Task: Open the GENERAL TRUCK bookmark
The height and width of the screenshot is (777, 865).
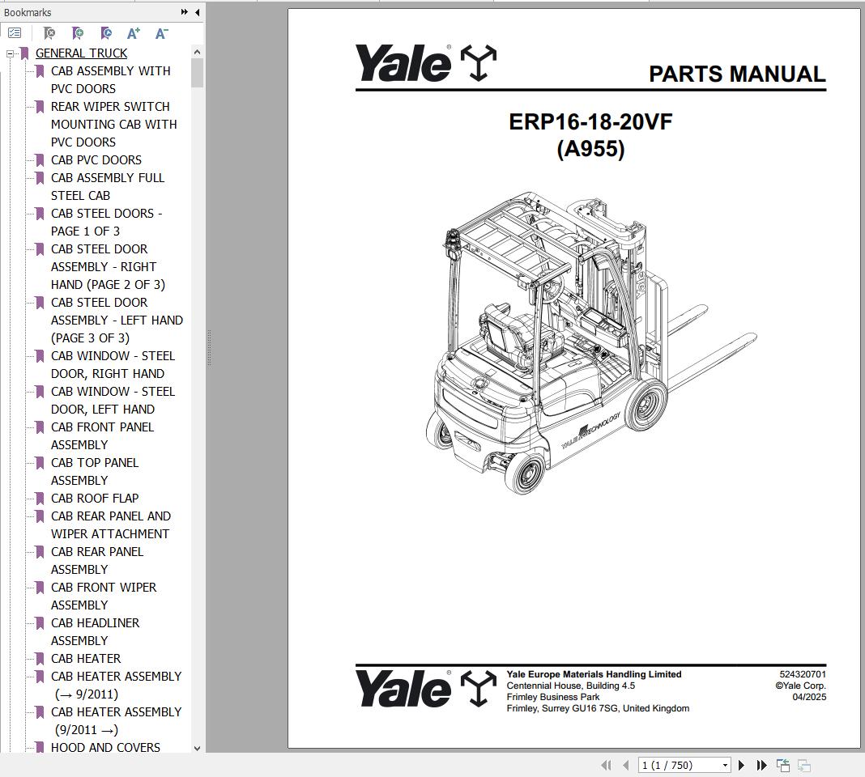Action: point(81,53)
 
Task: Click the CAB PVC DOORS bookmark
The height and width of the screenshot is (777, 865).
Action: point(96,160)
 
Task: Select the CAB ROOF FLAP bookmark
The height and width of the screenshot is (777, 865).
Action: point(94,499)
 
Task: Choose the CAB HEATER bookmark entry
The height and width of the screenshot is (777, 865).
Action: point(86,659)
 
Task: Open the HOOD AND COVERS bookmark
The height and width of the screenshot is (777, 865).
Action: point(105,748)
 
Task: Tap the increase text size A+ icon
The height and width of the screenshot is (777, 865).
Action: point(134,33)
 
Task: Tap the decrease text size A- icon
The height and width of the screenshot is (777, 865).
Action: point(161,33)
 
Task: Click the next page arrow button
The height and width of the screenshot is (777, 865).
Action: point(741,765)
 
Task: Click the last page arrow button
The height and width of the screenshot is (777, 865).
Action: point(761,765)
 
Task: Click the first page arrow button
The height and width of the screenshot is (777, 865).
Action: point(605,765)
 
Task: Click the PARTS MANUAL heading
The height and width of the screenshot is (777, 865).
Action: point(737,74)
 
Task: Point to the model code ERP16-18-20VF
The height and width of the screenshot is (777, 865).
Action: point(590,122)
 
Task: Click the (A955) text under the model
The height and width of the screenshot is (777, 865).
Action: point(590,149)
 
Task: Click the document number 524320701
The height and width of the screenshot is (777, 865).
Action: point(803,674)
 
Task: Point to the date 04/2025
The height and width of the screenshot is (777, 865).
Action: point(809,697)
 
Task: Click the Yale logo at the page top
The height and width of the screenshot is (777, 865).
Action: point(425,63)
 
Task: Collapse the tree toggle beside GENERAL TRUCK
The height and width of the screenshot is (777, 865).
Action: point(11,53)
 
